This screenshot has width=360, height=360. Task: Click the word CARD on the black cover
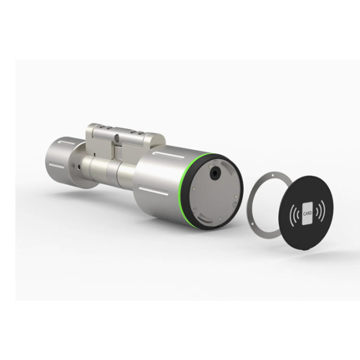(x=307, y=213)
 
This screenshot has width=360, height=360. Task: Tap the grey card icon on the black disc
(x=307, y=214)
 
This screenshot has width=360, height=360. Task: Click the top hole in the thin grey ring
(x=272, y=175)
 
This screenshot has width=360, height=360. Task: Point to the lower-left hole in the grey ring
(x=252, y=224)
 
